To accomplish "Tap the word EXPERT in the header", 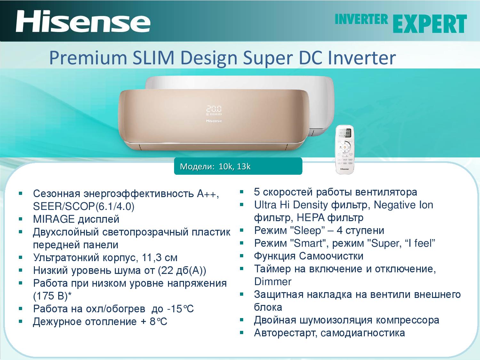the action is coord(430,24).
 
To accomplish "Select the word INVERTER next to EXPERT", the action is coord(361,20).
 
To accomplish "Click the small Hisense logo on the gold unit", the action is coord(214,121).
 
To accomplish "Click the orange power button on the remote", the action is coord(345,147).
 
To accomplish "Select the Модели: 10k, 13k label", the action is coord(215,166).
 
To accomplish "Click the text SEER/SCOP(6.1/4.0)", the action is coord(84,206).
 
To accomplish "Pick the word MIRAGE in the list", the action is coord(54,219).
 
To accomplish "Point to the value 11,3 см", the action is coord(160,258).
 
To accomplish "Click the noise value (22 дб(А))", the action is coord(182,271).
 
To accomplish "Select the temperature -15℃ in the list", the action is coord(180,308).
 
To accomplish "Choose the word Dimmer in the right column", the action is coord(273,282).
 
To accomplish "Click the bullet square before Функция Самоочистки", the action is coord(241,256).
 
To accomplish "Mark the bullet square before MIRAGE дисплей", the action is coord(20,219).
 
